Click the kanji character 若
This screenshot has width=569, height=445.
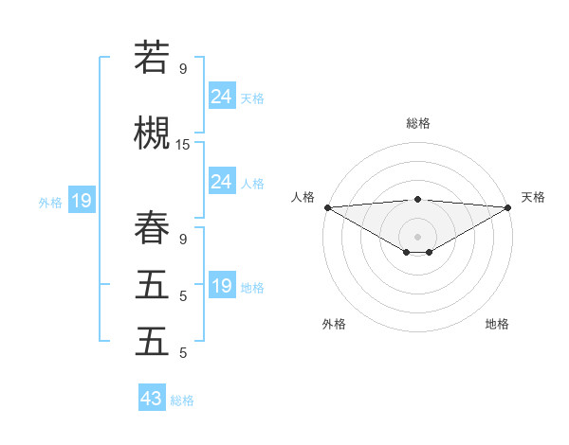[152, 58]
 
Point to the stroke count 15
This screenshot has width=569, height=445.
[183, 145]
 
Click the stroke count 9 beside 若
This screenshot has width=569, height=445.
[183, 69]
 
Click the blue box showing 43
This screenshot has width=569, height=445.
[152, 399]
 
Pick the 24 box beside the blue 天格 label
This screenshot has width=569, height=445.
[222, 97]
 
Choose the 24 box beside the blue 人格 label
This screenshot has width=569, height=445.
[222, 182]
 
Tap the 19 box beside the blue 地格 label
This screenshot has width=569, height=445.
[222, 286]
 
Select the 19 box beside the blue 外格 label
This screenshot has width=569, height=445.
[81, 201]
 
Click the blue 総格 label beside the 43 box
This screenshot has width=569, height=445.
[183, 400]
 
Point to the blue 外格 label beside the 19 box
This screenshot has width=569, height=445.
[50, 202]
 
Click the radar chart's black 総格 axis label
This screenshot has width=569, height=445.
[418, 123]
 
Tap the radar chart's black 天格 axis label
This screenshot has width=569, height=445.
[533, 197]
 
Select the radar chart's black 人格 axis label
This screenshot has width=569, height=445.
[303, 197]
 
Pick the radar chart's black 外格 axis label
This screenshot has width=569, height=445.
[334, 324]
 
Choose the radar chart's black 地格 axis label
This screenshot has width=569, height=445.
[497, 324]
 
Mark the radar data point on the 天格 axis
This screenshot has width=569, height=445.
[508, 207]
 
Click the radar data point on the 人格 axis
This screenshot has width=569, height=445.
[327, 207]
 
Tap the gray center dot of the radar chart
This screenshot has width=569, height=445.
[417, 236]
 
